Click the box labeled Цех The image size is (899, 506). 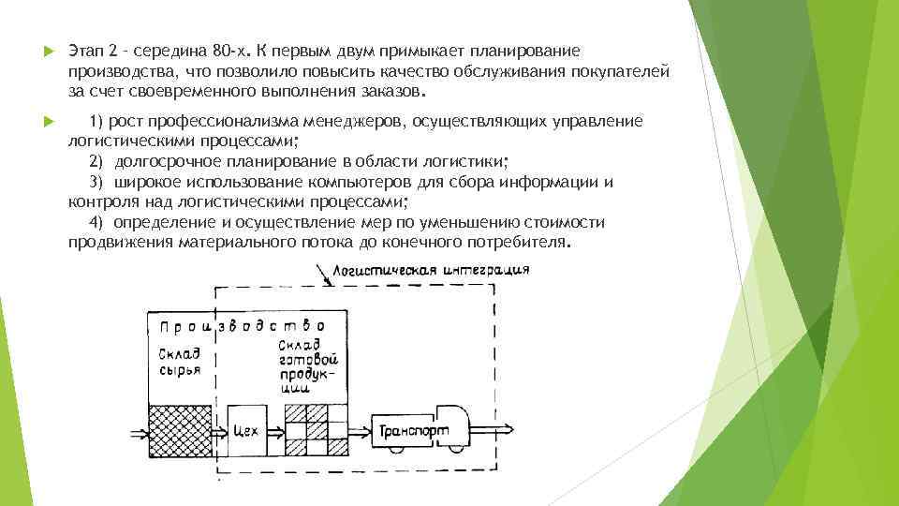click(x=247, y=431)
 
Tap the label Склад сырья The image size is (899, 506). click(x=178, y=361)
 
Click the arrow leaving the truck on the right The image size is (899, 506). click(x=497, y=432)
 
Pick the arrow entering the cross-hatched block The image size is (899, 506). click(x=137, y=432)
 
